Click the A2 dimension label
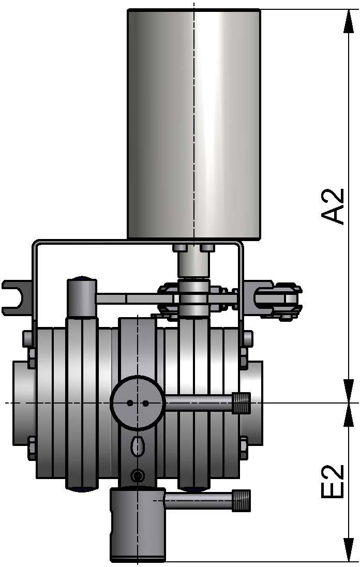click(333, 206)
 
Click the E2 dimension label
click(333, 481)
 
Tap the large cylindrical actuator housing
click(193, 124)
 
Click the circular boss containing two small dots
click(138, 402)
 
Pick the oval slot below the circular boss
click(138, 445)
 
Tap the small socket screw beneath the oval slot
click(137, 475)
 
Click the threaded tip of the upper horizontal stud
click(242, 403)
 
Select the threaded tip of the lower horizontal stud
click(242, 500)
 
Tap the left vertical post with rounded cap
click(81, 297)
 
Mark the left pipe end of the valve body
click(24, 402)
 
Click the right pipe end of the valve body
click(256, 402)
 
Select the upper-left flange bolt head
click(29, 338)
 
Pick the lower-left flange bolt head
click(29, 448)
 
